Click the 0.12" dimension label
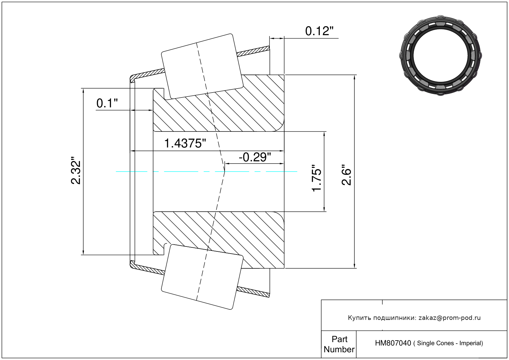(x=319, y=31)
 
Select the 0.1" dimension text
(x=107, y=103)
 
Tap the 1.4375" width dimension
(x=185, y=143)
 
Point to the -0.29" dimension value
(x=255, y=157)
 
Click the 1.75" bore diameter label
(x=316, y=178)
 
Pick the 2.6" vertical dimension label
(x=347, y=175)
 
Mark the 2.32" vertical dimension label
(x=76, y=170)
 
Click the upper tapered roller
(x=202, y=66)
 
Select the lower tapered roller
(x=202, y=277)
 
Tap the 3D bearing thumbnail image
(x=440, y=56)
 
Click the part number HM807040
(x=393, y=343)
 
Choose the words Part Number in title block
(x=339, y=344)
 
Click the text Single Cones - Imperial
(x=450, y=343)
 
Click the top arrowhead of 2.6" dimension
(x=354, y=78)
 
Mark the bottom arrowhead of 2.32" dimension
(x=83, y=252)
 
